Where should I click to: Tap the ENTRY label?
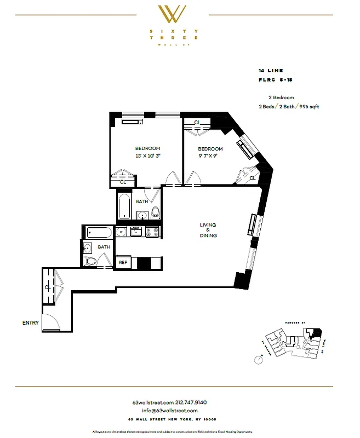point(31,322)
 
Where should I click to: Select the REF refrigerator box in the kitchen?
point(123,263)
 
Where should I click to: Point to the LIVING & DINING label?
point(208,230)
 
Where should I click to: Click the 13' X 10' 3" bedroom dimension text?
point(147,156)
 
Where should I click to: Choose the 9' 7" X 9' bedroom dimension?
point(210,156)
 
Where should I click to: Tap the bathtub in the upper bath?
point(124,205)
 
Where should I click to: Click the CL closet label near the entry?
point(48,286)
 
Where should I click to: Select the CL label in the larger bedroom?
point(123,181)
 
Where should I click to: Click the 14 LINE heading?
point(270,71)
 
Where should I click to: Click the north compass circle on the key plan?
point(259,359)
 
